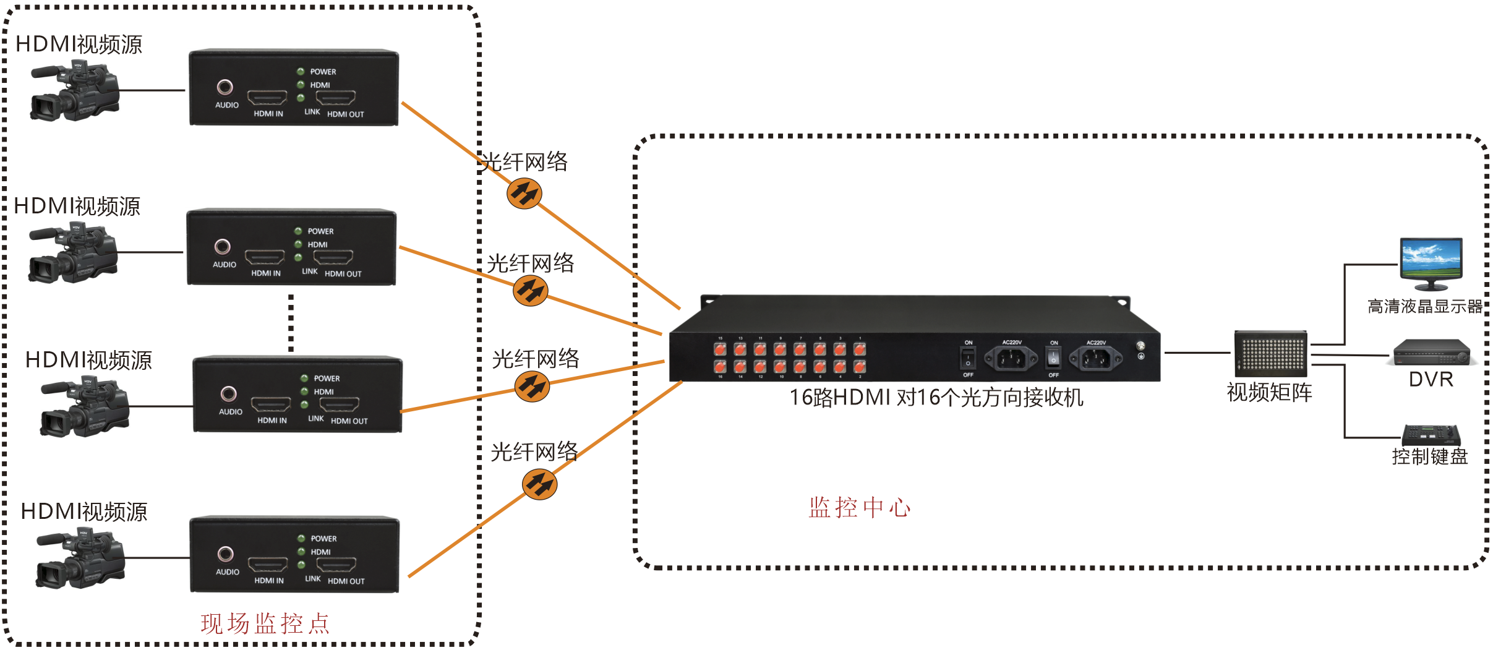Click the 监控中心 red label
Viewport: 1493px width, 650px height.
click(x=859, y=508)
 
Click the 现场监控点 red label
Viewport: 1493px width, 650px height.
click(x=265, y=623)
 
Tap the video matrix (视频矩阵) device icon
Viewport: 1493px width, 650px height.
click(x=1270, y=354)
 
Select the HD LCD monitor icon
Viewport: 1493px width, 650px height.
click(x=1431, y=263)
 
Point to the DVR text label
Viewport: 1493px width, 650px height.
click(x=1431, y=379)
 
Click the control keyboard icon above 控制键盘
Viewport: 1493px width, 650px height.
click(x=1431, y=435)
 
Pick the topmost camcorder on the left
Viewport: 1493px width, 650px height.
click(x=74, y=91)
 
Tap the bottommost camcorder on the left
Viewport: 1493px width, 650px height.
click(x=80, y=558)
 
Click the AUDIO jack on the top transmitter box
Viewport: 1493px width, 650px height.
click(x=225, y=87)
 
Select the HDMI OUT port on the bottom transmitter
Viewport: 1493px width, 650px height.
click(x=336, y=565)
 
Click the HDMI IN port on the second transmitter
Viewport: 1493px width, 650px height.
click(x=265, y=257)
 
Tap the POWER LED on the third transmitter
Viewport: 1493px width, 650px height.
click(x=304, y=378)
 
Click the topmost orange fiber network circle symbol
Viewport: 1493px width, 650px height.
click(x=524, y=194)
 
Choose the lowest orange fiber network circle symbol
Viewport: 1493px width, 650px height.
click(x=539, y=484)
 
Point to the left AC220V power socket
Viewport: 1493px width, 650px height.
click(x=1011, y=358)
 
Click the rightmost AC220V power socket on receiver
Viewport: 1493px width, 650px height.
click(x=1095, y=358)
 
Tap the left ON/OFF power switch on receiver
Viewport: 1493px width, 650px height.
click(x=968, y=358)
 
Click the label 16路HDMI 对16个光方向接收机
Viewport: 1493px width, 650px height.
click(x=936, y=398)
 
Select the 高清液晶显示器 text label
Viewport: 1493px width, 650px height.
click(x=1424, y=306)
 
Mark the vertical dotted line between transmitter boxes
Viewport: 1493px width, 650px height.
click(x=291, y=323)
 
